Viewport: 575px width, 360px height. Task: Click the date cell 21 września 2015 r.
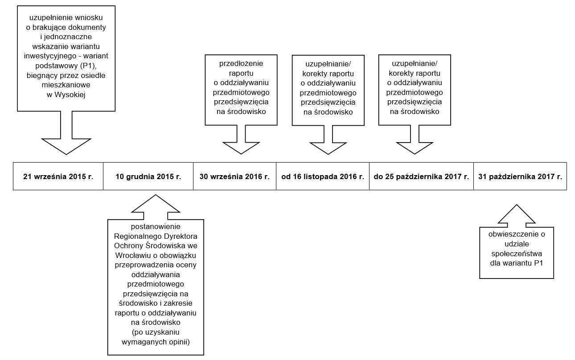58,176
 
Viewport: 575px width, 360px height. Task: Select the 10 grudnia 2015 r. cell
148,176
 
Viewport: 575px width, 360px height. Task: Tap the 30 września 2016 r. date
234,176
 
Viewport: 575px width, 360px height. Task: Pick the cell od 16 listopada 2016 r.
323,176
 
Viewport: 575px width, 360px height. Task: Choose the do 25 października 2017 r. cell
422,176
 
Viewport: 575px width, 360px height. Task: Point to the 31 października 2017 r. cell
520,176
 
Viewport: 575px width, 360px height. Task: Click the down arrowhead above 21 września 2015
66,147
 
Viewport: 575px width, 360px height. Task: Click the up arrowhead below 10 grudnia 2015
156,204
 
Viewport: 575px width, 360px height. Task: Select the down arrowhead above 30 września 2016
241,148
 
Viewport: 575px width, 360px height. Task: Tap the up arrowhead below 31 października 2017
517,214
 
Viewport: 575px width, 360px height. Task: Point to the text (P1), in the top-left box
88,65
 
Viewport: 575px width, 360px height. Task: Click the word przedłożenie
241,64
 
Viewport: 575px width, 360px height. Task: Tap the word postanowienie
156,227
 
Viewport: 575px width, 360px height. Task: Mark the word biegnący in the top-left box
42,76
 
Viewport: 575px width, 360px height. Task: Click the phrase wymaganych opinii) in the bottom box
156,342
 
